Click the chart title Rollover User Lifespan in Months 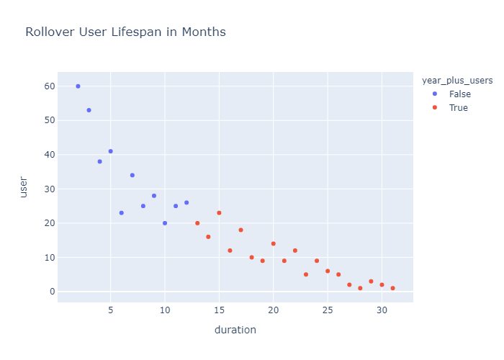[x=125, y=32]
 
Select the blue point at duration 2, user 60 [x=78, y=86]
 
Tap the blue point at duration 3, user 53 [x=89, y=110]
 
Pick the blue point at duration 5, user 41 [x=110, y=151]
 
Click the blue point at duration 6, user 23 [x=121, y=213]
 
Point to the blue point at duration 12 [x=186, y=203]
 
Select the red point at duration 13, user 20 [x=197, y=223]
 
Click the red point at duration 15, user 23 [x=219, y=213]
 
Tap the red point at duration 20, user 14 [x=273, y=243]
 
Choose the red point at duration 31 [x=392, y=288]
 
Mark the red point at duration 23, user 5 [x=306, y=274]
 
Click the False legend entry [x=459, y=94]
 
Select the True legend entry [x=458, y=108]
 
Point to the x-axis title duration [x=235, y=330]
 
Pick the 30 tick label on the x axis [x=382, y=310]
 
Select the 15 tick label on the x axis [x=219, y=310]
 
